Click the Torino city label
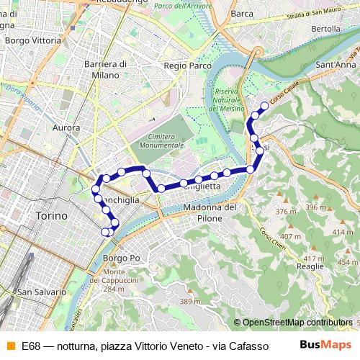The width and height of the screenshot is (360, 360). pyautogui.click(x=51, y=215)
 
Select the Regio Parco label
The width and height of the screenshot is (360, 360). pyautogui.click(x=188, y=66)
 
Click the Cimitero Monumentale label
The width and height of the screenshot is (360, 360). pyautogui.click(x=156, y=140)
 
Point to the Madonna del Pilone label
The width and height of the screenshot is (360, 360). pyautogui.click(x=210, y=213)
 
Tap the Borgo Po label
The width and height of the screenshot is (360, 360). pyautogui.click(x=120, y=258)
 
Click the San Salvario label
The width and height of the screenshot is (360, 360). pyautogui.click(x=42, y=292)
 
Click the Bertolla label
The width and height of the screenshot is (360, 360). pyautogui.click(x=325, y=29)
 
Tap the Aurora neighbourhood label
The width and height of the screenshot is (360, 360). pyautogui.click(x=66, y=127)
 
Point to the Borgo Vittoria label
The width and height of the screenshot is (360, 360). pyautogui.click(x=32, y=41)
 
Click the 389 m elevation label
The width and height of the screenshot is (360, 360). pyautogui.click(x=190, y=301)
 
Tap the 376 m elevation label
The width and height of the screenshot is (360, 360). pyautogui.click(x=286, y=212)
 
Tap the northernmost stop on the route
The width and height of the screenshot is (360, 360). pyautogui.click(x=264, y=106)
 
